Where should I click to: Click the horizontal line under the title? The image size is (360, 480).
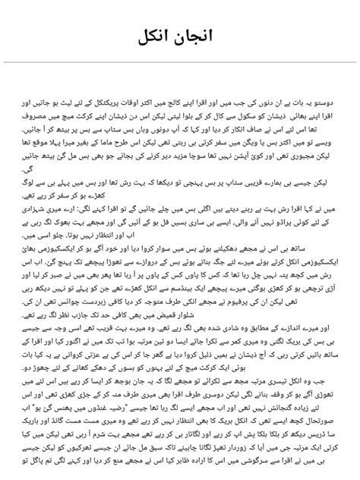(x=180, y=62)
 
